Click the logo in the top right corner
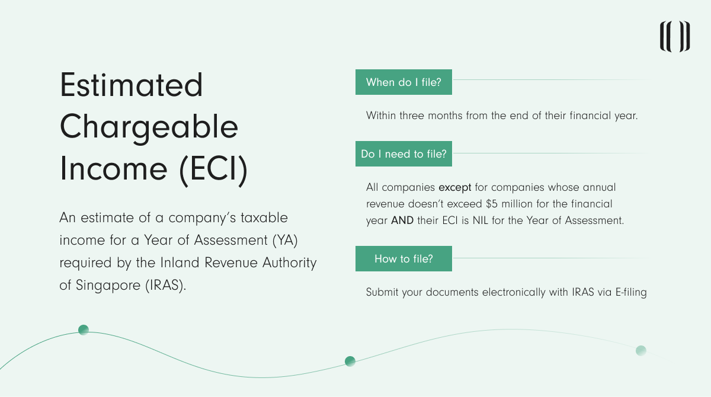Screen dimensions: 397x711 tap(675, 37)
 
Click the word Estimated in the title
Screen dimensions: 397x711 tap(131, 85)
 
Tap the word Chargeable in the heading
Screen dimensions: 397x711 tap(149, 127)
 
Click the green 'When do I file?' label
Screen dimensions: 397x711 tap(403, 82)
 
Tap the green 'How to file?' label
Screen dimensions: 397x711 tap(403, 259)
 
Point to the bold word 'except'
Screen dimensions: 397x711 tap(455, 188)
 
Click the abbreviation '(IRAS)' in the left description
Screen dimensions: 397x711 tap(164, 285)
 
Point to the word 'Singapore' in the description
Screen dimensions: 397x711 tap(107, 285)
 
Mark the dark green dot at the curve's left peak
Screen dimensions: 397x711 tap(84, 330)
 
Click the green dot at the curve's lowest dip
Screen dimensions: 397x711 tap(350, 361)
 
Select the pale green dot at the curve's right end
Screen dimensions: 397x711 tap(640, 350)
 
